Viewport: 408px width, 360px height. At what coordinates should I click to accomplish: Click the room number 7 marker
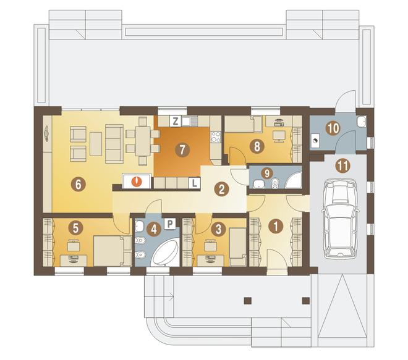182,149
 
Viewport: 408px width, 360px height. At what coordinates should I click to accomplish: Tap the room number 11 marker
342,165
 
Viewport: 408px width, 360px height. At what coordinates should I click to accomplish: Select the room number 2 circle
221,189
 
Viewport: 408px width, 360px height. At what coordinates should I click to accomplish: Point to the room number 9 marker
266,173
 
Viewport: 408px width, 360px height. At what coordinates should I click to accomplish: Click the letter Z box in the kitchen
176,121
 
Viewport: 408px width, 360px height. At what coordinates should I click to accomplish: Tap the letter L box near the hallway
194,183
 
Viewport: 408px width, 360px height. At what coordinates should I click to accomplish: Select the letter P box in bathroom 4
170,224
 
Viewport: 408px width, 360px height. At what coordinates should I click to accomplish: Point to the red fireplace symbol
137,181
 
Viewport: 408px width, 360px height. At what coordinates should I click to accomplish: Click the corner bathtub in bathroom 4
164,251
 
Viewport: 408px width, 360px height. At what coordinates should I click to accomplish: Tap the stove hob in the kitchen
216,137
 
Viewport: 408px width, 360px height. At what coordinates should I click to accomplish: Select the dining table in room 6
143,141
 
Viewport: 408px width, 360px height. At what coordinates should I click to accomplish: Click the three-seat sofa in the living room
114,143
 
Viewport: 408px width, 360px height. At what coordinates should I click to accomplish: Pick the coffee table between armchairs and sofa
96,144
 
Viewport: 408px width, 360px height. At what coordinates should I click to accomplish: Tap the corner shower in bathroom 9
294,180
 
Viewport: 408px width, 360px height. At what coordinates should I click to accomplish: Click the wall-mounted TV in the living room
46,133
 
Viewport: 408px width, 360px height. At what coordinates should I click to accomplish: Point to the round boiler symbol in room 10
315,141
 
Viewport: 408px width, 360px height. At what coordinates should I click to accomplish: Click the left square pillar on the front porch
248,301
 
